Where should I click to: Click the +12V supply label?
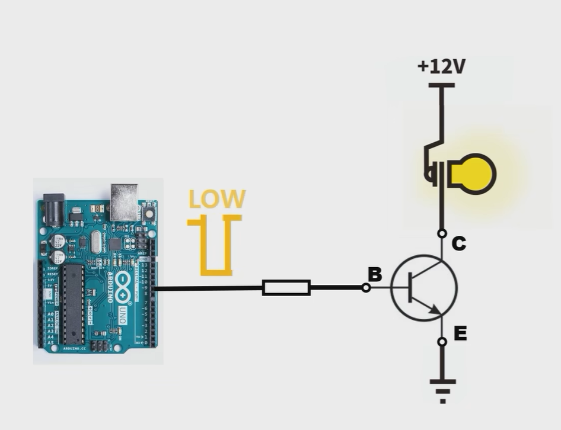pyautogui.click(x=441, y=66)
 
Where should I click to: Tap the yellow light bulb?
pyautogui.click(x=473, y=174)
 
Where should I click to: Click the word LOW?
pyautogui.click(x=216, y=200)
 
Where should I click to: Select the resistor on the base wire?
pyautogui.click(x=286, y=288)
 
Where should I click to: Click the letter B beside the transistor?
pyautogui.click(x=375, y=274)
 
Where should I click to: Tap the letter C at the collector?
pyautogui.click(x=458, y=243)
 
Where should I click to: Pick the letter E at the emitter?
pyautogui.click(x=460, y=333)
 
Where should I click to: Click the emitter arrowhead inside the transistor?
pyautogui.click(x=435, y=309)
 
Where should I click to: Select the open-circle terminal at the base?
pyautogui.click(x=366, y=288)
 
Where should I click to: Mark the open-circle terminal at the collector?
pyautogui.click(x=442, y=233)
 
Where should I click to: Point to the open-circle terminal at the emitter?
pyautogui.click(x=442, y=342)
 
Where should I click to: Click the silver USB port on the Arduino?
pyautogui.click(x=124, y=201)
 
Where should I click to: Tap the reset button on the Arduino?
pyautogui.click(x=148, y=212)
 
